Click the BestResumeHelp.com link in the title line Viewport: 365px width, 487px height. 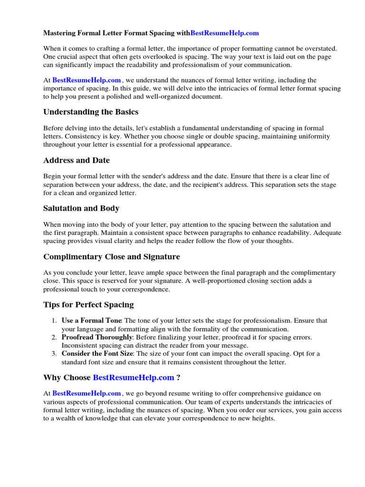click(224, 33)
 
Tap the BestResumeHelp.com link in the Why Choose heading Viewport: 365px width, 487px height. click(134, 378)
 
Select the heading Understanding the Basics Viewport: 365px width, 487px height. click(91, 112)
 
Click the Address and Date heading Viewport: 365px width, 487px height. click(77, 160)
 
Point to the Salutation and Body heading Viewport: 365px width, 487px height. click(81, 208)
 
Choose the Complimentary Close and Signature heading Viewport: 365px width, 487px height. click(112, 257)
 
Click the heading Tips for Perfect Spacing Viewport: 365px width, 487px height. click(88, 305)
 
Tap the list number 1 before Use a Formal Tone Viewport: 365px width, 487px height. click(54, 321)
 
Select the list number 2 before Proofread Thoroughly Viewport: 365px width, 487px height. click(54, 337)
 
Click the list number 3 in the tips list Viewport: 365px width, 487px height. click(54, 354)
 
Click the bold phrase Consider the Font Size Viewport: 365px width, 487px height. click(98, 354)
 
